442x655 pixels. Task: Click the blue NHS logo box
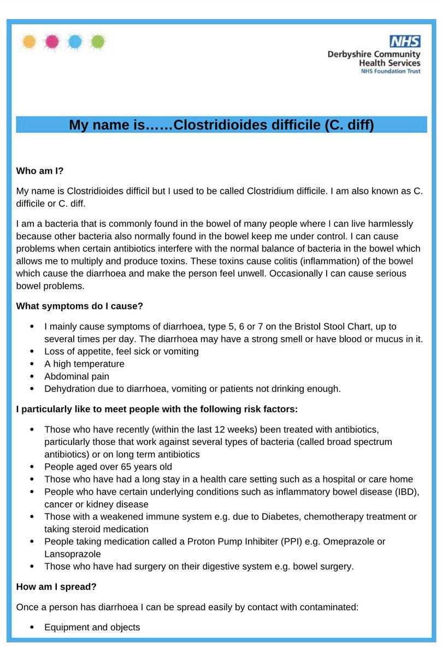404,41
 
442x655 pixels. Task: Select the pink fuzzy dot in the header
52,41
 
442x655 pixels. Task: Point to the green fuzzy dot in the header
97,41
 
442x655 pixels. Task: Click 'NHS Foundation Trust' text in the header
390,72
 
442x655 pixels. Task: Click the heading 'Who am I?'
40,171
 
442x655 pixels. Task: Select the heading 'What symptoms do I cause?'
80,306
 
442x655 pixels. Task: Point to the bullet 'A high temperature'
84,364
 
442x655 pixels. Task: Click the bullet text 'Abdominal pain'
76,376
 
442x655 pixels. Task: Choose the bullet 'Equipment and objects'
92,627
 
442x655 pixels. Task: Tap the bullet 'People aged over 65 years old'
108,467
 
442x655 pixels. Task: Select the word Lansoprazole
73,553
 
